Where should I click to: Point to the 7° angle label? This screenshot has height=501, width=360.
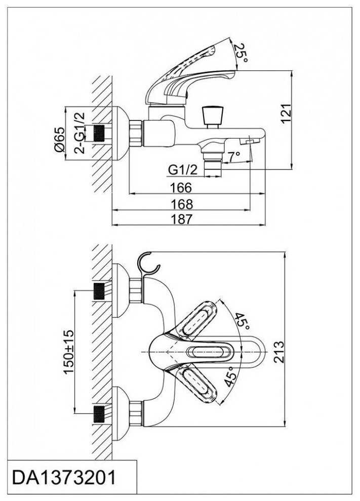(233, 157)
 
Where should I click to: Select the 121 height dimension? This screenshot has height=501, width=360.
(287, 113)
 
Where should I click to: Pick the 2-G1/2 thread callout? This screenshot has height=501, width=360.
(79, 133)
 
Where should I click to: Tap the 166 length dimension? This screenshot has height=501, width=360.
(181, 188)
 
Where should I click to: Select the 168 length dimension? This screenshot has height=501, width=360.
(181, 204)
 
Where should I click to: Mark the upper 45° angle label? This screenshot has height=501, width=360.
(239, 320)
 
